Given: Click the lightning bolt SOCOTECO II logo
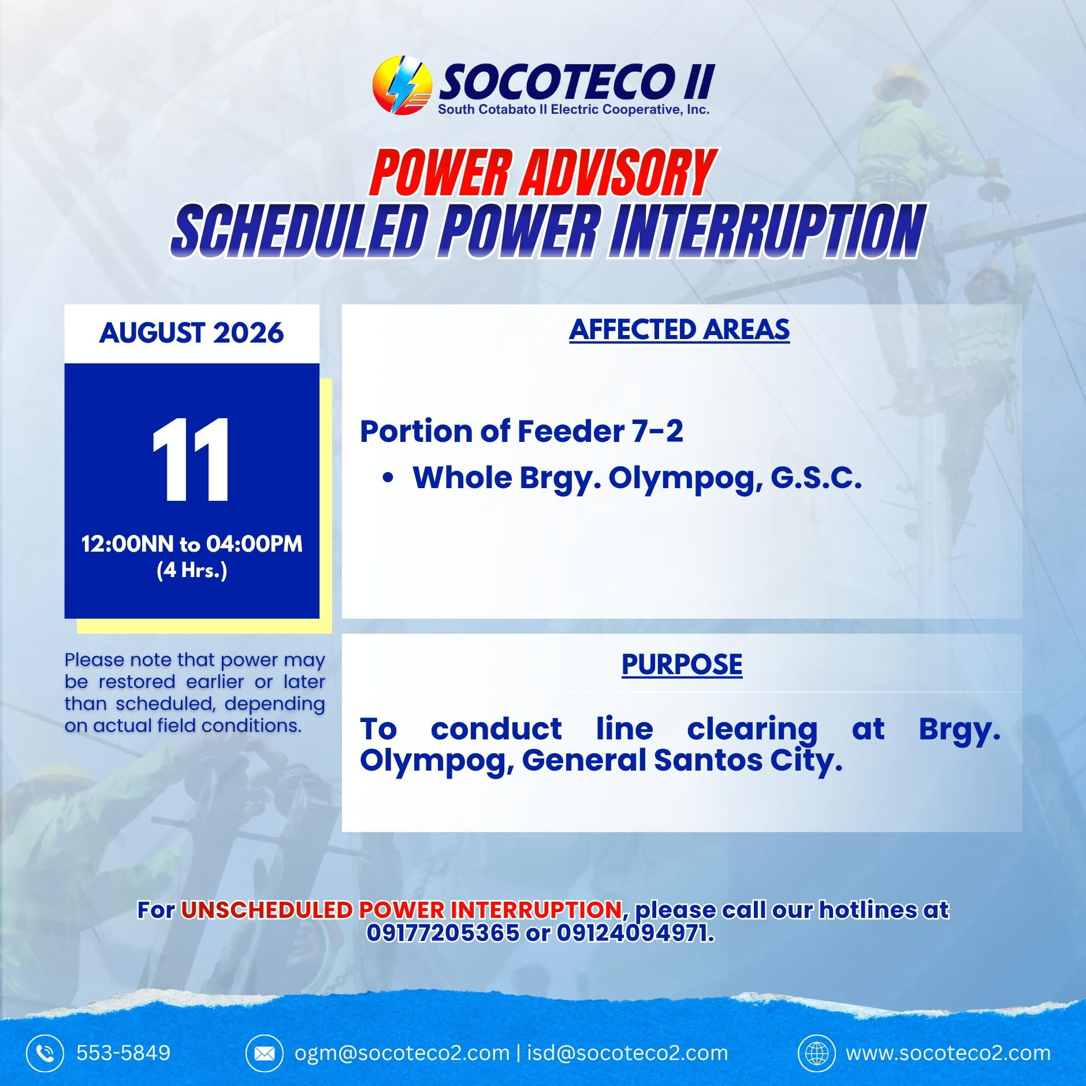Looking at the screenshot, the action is tap(402, 85).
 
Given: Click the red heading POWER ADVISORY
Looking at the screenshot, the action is tap(543, 172).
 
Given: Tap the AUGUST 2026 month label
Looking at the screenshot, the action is tap(192, 333).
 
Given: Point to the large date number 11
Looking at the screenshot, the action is tap(191, 459).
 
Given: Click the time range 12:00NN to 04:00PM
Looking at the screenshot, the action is tap(192, 544).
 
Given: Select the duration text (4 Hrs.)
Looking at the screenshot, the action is tap(192, 570).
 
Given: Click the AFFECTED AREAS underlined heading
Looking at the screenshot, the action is tap(679, 330).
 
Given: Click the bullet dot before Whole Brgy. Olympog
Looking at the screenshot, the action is tap(388, 478).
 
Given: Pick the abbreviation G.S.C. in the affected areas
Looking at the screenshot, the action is tap(816, 478).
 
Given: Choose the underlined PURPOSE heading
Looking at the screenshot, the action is tap(682, 664).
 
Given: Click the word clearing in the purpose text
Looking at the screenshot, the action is tap(752, 730).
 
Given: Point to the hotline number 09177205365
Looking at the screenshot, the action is tap(443, 932).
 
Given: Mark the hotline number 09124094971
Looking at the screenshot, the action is tap(635, 932).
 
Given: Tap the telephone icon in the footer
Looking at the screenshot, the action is tap(45, 1053).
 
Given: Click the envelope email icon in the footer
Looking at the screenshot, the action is tap(265, 1053).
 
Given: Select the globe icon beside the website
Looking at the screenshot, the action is tap(817, 1053).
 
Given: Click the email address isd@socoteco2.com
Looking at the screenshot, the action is tap(627, 1053).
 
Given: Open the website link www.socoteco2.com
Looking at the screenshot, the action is tap(949, 1053).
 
